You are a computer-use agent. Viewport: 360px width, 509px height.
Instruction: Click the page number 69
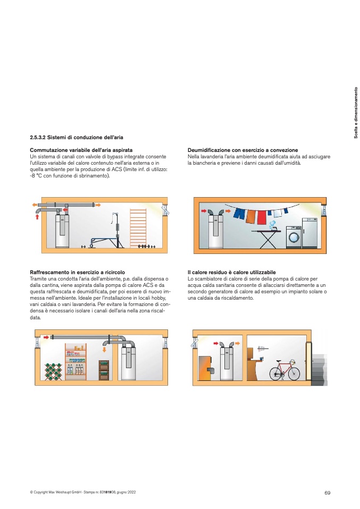(327, 493)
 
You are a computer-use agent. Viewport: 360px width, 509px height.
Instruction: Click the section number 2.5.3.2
(37, 137)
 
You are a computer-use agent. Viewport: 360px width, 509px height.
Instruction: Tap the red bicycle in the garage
(284, 370)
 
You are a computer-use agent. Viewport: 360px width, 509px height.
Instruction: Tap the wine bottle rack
(53, 371)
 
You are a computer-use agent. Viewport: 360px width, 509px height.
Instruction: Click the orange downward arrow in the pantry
(104, 350)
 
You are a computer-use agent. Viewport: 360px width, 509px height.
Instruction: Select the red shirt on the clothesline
(262, 217)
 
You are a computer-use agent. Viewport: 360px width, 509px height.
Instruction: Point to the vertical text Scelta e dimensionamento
(356, 113)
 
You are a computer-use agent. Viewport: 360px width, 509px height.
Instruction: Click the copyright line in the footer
(83, 492)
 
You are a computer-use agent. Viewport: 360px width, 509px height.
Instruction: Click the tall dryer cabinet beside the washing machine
(309, 233)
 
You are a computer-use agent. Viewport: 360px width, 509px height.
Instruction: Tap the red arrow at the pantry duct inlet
(46, 337)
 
